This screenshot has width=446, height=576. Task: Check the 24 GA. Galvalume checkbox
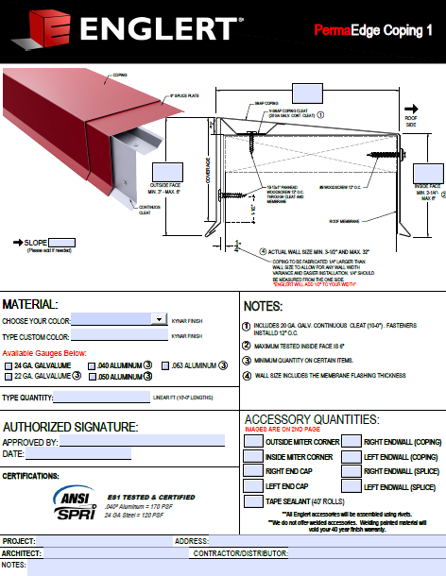point(9,364)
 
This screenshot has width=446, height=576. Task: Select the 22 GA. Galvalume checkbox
point(9,377)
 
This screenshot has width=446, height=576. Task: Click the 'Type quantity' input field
point(103,398)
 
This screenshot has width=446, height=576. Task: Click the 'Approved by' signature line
point(142,441)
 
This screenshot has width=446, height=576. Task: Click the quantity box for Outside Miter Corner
point(253,441)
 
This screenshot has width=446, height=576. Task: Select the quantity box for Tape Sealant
point(253,502)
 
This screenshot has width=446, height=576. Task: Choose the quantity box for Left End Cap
point(253,487)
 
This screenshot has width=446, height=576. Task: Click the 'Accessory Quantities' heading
point(312,419)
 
